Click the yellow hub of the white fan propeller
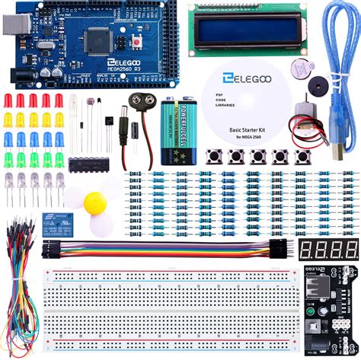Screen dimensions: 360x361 pyautogui.click(x=95, y=202)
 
